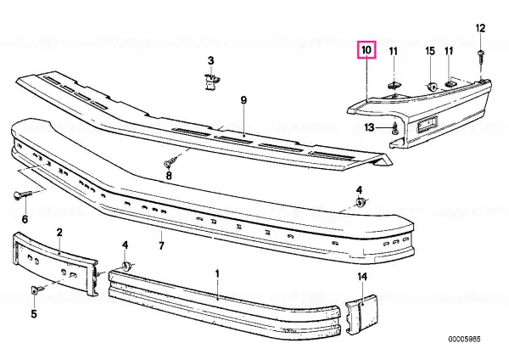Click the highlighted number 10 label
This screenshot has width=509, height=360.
pyautogui.click(x=366, y=50)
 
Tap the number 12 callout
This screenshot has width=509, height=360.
pyautogui.click(x=480, y=28)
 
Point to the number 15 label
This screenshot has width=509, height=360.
pyautogui.click(x=430, y=51)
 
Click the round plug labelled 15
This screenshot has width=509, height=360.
pyautogui.click(x=432, y=87)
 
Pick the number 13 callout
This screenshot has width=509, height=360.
pyautogui.click(x=369, y=127)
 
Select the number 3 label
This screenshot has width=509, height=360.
pyautogui.click(x=211, y=60)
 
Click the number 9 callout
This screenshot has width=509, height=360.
pyautogui.click(x=243, y=100)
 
